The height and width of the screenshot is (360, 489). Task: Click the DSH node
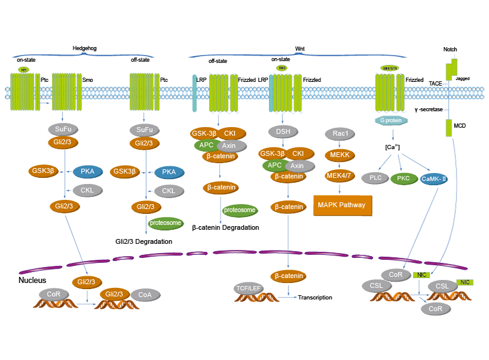(x=283, y=131)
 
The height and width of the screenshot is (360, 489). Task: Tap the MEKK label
(x=339, y=155)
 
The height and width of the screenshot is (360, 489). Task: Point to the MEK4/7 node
(x=339, y=176)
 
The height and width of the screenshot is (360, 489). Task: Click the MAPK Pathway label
(x=342, y=205)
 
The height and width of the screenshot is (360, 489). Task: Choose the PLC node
(x=376, y=178)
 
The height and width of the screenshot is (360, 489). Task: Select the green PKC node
(x=403, y=178)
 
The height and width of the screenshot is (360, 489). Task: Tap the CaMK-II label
(x=434, y=178)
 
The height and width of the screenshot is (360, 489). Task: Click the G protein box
(x=391, y=120)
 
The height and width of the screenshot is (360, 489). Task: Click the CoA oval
(x=145, y=295)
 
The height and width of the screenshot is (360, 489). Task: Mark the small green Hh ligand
(x=24, y=70)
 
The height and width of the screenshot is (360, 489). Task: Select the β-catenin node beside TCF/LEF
(x=289, y=276)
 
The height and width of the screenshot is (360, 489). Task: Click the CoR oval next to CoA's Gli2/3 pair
(x=54, y=293)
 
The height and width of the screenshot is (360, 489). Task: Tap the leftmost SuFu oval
(x=62, y=130)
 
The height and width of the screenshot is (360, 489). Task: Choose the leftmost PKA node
(x=87, y=171)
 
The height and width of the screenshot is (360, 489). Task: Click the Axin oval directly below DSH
(x=296, y=166)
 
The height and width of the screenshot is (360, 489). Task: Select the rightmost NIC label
(x=465, y=282)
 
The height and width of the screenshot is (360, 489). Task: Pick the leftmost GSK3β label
(x=43, y=171)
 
